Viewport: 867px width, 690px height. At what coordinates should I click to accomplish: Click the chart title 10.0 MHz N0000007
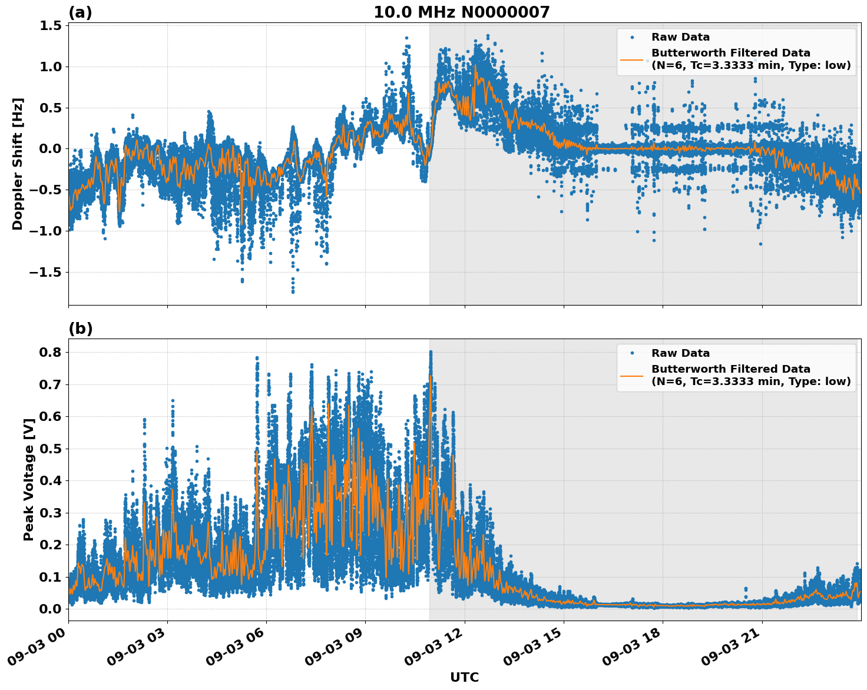click(x=461, y=12)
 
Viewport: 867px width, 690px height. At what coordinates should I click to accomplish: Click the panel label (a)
click(x=80, y=12)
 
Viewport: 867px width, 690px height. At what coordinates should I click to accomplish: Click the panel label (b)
click(x=80, y=329)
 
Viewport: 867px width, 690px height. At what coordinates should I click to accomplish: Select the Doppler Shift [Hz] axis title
click(x=18, y=164)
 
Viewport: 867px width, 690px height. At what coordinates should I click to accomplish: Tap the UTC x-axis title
click(x=464, y=678)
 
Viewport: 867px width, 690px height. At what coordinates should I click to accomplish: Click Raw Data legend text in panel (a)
click(x=680, y=37)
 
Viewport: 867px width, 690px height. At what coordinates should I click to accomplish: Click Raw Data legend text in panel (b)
click(x=680, y=353)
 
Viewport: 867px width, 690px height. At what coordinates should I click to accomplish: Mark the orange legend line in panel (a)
click(x=632, y=59)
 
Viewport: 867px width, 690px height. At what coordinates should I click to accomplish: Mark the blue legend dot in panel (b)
click(x=632, y=353)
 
